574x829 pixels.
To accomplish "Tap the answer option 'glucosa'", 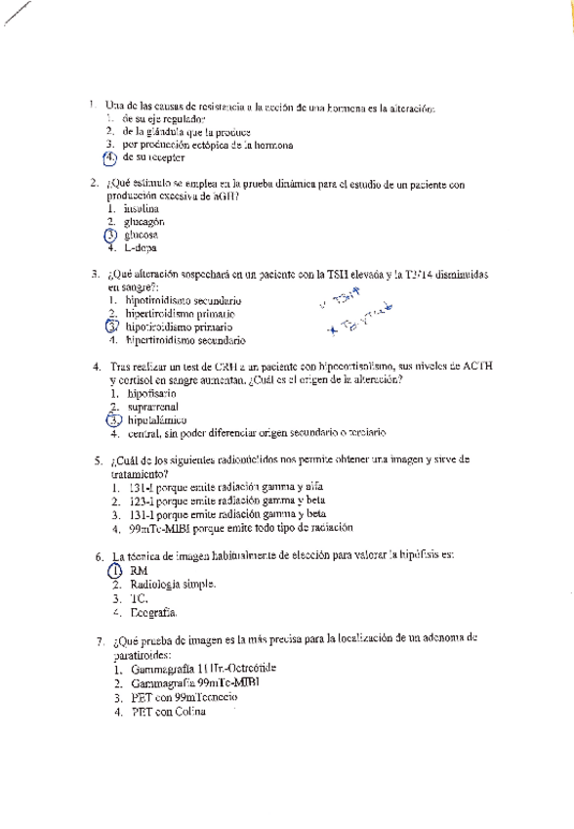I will click(141, 236).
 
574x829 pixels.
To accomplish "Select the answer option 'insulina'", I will click(141, 209).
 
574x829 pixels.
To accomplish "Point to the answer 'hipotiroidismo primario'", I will click(180, 327).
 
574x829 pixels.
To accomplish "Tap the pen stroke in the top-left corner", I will click(18, 15).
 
